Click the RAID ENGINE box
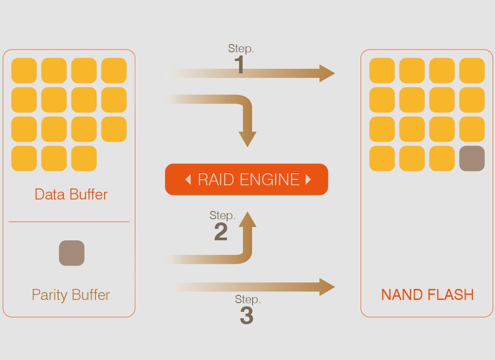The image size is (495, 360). pos(247,179)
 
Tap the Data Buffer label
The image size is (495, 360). pos(71,194)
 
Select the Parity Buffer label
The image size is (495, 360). pos(71,294)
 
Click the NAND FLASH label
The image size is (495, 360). pos(428,294)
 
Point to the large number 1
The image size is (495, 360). pos(239,65)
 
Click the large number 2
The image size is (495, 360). pos(220,232)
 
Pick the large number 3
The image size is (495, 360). pos(246,316)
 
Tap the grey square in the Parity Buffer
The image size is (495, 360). pos(71,253)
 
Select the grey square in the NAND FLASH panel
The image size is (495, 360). pos(472,159)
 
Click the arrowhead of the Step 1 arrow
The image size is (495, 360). pos(327,73)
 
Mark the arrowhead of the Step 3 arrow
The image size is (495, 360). pos(327,287)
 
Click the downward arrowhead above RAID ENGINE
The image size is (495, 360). pos(247,139)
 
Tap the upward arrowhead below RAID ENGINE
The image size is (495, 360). pos(247,220)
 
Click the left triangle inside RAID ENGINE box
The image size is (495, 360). pos(188,179)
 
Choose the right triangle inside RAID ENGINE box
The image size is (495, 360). pos(308,179)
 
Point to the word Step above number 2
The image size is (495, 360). pos(222,216)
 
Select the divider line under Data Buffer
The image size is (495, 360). pos(69,222)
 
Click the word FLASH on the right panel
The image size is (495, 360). pos(451,294)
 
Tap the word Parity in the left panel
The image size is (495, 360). pos(49,294)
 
